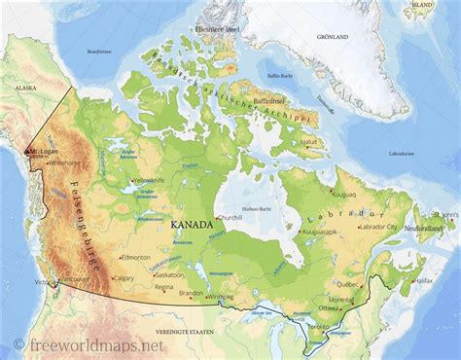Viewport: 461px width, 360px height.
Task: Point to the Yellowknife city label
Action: pos(150,181)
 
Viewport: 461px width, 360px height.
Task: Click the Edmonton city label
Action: pos(135,257)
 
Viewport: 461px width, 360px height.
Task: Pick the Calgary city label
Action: pos(124,277)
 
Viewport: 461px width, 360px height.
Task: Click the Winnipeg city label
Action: pos(222,296)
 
